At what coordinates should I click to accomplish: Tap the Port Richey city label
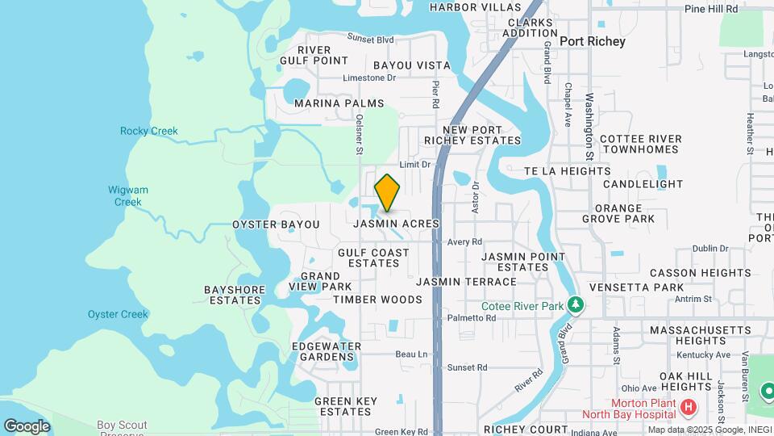(592, 41)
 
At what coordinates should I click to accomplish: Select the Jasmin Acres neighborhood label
(395, 223)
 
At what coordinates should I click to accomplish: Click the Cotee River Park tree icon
(575, 305)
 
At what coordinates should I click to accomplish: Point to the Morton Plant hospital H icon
(689, 409)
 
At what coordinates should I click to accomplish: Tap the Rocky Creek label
(149, 131)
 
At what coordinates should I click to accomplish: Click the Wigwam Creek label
(128, 196)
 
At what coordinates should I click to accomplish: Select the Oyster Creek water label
(118, 314)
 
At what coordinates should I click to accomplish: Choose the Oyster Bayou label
(276, 224)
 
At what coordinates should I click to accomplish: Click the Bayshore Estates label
(232, 295)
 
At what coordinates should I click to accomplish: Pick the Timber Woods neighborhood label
(377, 300)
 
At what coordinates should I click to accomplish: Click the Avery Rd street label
(464, 241)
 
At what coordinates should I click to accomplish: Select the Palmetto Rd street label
(472, 318)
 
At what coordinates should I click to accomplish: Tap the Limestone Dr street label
(369, 78)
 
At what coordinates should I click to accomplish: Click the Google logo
(26, 426)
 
